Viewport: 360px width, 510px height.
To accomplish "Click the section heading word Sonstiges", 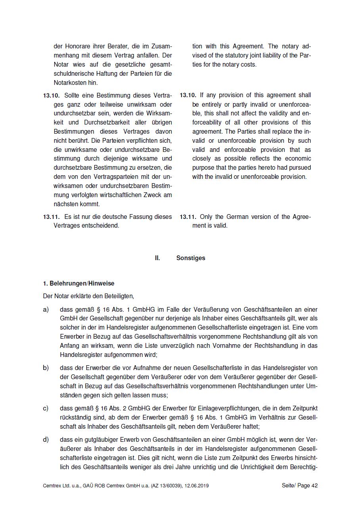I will click(x=191, y=258).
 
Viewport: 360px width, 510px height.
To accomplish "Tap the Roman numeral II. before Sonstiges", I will click(x=157, y=258).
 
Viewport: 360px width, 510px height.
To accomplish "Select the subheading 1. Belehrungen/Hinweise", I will click(x=79, y=284).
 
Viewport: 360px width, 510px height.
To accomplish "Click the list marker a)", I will click(x=46, y=309).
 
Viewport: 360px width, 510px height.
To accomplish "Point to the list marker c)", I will click(x=46, y=408).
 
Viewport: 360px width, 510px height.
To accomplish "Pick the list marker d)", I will click(x=46, y=439).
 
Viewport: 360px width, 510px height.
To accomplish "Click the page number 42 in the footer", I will click(x=314, y=485).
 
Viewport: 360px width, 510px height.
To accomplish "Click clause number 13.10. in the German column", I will click(x=51, y=96).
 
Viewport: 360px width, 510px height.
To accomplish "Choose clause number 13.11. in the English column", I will click(x=188, y=217).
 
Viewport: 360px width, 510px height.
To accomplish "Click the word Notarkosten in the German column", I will click(x=70, y=83).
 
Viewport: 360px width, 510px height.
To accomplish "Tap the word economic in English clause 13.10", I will click(x=298, y=159).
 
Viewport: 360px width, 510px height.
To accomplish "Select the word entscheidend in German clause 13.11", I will click(x=102, y=226).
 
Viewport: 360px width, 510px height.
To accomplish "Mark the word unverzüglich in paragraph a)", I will click(x=158, y=345).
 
